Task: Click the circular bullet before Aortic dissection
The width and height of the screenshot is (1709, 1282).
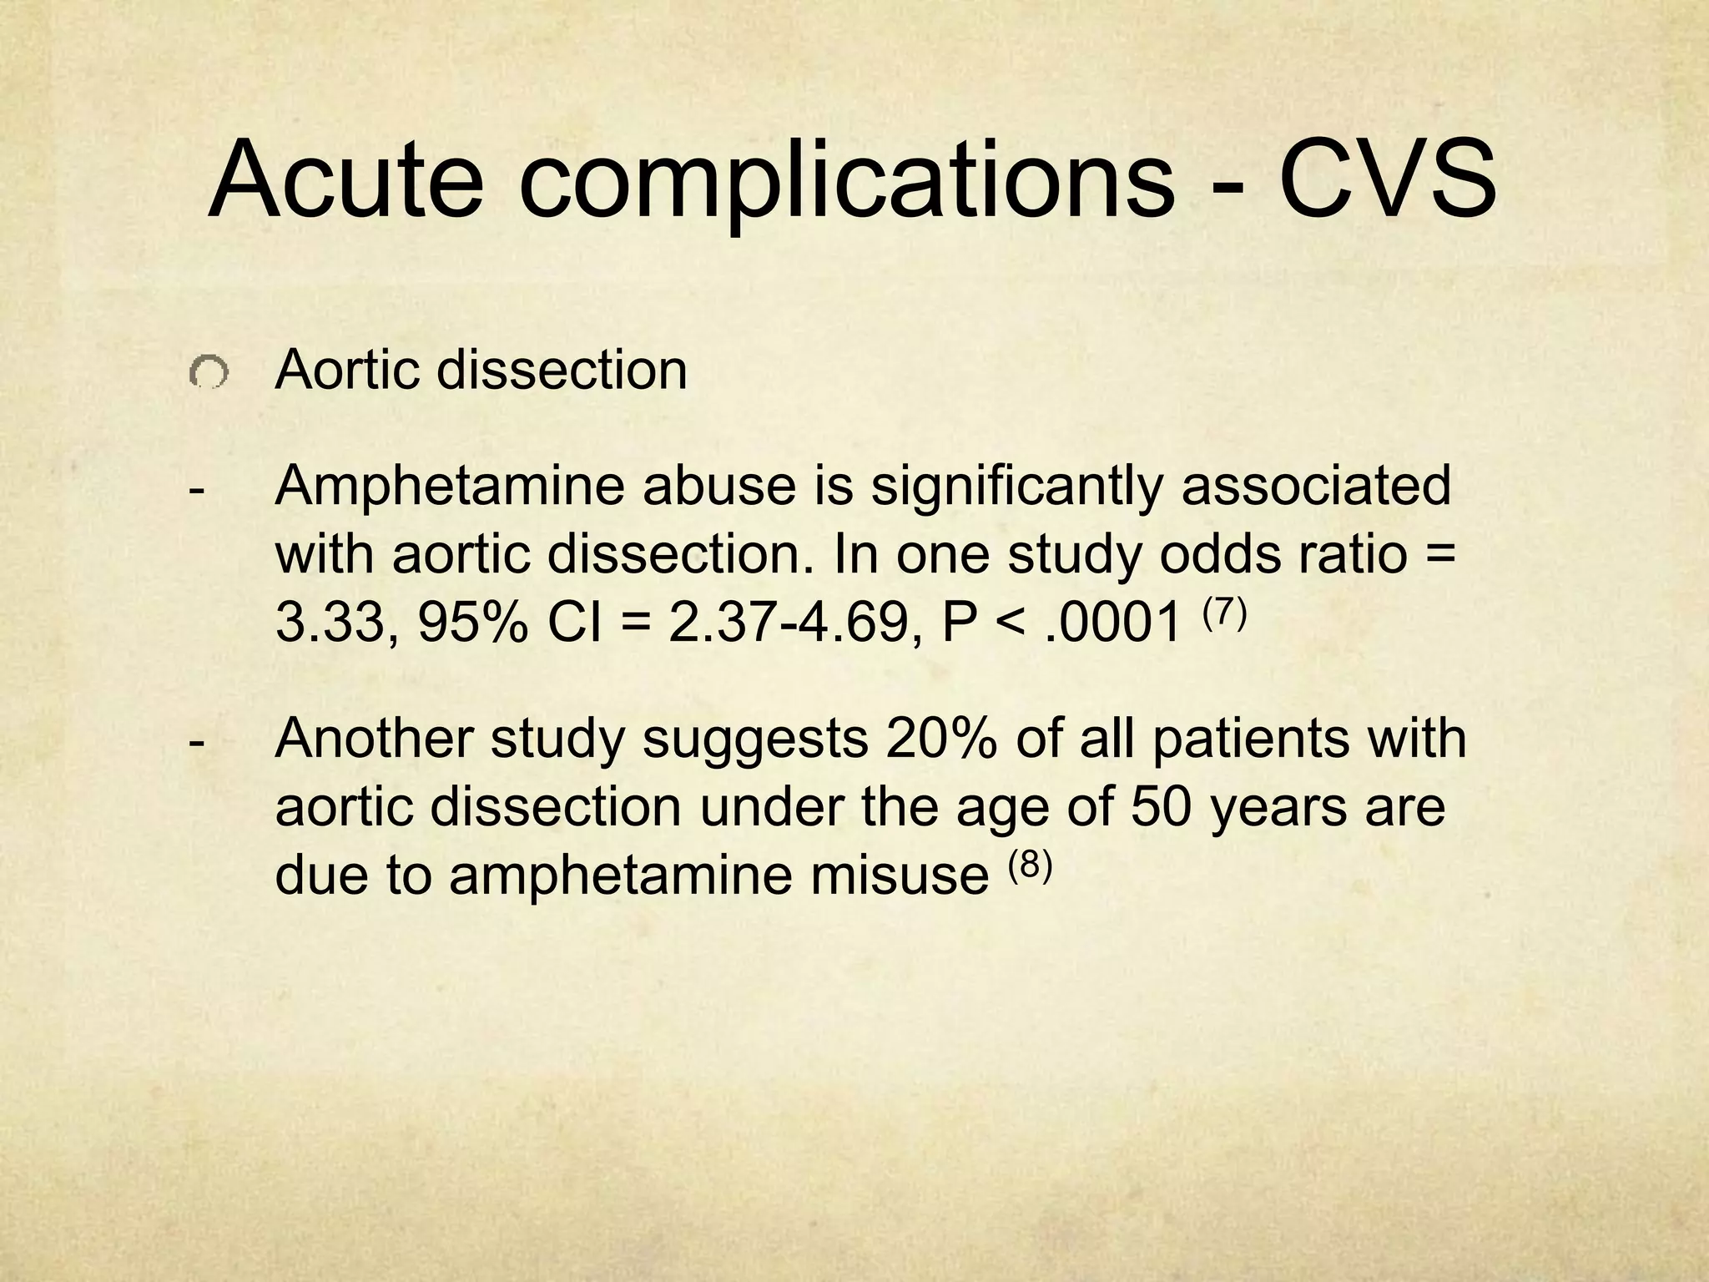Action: coord(208,372)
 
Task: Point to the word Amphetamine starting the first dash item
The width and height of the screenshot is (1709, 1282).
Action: coord(449,487)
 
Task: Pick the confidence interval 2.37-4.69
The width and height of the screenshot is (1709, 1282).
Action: coord(787,623)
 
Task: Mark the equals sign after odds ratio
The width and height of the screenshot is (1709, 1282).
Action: coord(1441,554)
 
